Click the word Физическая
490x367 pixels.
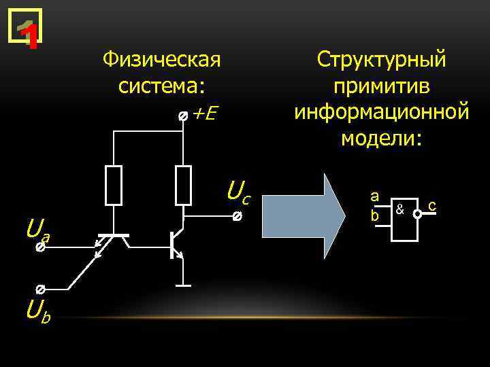point(161,60)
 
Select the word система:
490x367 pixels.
point(161,86)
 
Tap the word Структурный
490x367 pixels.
point(381,60)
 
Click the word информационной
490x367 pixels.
point(381,112)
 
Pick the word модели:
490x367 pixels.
point(381,138)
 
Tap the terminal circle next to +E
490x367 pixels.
point(182,117)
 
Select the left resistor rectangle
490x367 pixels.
point(114,185)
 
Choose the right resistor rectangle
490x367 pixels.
point(183,185)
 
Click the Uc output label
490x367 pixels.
point(238,192)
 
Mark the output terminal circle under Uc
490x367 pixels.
point(236,217)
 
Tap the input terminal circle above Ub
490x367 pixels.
point(40,289)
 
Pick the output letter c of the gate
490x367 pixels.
point(431,205)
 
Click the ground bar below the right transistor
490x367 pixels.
point(183,286)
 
